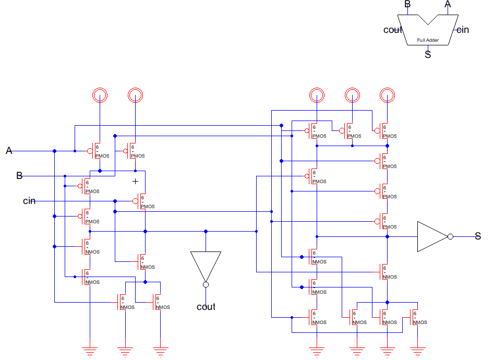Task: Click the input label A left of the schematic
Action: [x=9, y=151]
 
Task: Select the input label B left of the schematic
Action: [x=19, y=176]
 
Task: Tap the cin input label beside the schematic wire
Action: [x=29, y=201]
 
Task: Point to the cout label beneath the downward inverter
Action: [x=206, y=307]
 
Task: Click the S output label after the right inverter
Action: [x=477, y=236]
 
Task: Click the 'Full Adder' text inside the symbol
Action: [x=428, y=40]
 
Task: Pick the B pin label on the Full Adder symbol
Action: [x=407, y=4]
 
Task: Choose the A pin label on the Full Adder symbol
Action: [x=447, y=4]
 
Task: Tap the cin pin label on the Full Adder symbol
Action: [x=463, y=30]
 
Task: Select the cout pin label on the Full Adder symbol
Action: [x=393, y=30]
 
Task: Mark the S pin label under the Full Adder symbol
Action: [x=428, y=54]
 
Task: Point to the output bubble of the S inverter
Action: [x=451, y=236]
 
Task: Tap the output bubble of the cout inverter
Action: [x=206, y=284]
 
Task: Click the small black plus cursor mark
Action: [x=135, y=181]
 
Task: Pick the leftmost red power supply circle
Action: [x=99, y=95]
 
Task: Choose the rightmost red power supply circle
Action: [x=387, y=95]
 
